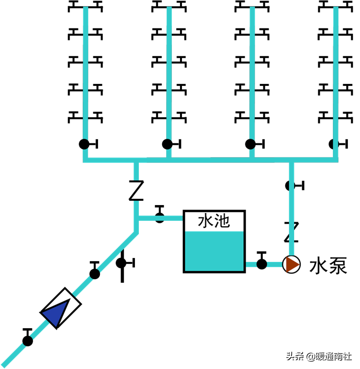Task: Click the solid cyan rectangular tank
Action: point(214,251)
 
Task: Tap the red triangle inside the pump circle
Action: point(292,264)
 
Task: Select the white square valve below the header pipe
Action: point(136,190)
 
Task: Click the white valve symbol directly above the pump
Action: point(292,232)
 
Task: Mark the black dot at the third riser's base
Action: point(251,144)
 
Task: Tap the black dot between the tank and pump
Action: point(261,264)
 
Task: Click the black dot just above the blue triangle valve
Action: point(95,273)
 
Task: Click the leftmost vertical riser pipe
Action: point(86,74)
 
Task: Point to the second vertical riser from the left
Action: point(169,74)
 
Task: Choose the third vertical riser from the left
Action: point(252,74)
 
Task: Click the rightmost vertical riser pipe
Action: point(336,74)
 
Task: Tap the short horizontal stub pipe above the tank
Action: point(162,218)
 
